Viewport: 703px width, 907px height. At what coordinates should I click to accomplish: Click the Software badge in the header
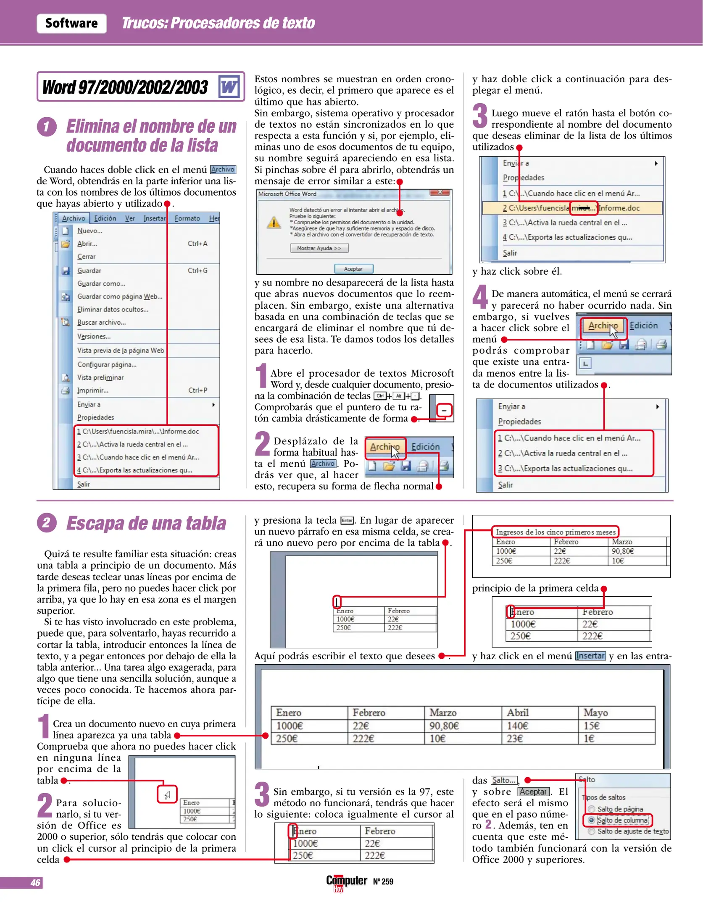pyautogui.click(x=71, y=23)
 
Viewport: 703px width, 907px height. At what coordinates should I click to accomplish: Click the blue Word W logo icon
pyautogui.click(x=229, y=87)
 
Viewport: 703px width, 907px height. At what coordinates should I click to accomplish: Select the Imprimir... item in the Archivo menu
pyautogui.click(x=92, y=391)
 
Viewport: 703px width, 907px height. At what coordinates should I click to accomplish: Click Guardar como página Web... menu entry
pyautogui.click(x=119, y=296)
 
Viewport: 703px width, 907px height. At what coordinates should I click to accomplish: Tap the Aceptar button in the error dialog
pyautogui.click(x=353, y=269)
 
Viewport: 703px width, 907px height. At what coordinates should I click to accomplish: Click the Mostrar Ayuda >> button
pyautogui.click(x=319, y=248)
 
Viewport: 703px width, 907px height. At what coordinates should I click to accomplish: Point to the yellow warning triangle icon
pyautogui.click(x=274, y=223)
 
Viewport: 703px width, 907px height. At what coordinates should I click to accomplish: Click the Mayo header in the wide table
pyautogui.click(x=595, y=713)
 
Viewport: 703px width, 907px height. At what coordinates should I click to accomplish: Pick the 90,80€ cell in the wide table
pyautogui.click(x=444, y=726)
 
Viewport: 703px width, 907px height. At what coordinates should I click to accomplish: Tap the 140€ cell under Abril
pyautogui.click(x=517, y=726)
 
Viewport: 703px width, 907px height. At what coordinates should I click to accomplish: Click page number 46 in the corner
pyautogui.click(x=35, y=883)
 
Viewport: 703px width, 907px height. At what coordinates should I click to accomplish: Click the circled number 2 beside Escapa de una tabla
pyautogui.click(x=47, y=523)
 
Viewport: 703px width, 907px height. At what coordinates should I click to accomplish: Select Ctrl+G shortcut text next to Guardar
pyautogui.click(x=197, y=271)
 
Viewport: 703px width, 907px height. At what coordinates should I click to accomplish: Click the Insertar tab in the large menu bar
pyautogui.click(x=154, y=218)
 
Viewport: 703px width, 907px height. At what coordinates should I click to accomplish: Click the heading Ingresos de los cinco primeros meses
pyautogui.click(x=555, y=532)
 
